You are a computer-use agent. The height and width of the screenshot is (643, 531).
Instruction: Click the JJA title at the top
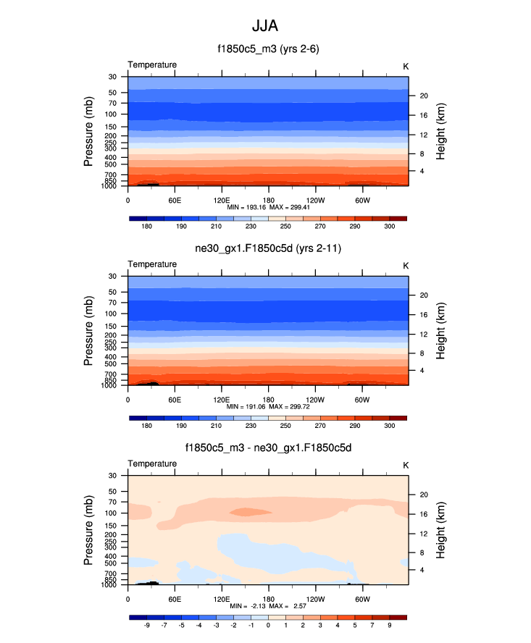(265, 26)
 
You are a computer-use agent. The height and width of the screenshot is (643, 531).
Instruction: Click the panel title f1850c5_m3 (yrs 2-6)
(268, 49)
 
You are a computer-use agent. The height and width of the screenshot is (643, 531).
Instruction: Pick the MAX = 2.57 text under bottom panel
(288, 605)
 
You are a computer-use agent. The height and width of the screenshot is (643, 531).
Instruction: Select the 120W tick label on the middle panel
(315, 399)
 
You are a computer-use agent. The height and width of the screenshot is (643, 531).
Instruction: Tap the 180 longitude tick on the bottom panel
(268, 599)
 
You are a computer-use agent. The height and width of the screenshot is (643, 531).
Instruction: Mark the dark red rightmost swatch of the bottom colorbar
(398, 617)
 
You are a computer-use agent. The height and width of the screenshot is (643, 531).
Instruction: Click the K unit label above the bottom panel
(406, 465)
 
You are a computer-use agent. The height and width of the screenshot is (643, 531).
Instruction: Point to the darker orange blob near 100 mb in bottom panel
(250, 512)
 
